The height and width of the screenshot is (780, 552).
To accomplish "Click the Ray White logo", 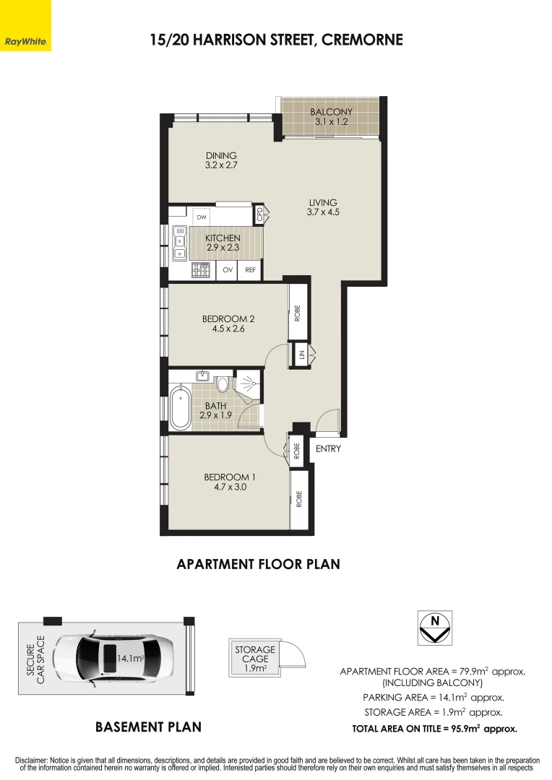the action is pos(25,25).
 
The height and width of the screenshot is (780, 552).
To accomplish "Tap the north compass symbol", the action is pos(434,628).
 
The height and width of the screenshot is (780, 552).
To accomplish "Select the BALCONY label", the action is pos(331,112).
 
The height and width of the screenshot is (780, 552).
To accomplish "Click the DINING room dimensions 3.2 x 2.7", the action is pos(221,165).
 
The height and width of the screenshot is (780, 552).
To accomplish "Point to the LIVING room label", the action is pos(323,202).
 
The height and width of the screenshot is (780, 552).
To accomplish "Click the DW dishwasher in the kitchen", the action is pos(201,217).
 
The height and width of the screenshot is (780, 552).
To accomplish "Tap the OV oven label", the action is pos(228,270).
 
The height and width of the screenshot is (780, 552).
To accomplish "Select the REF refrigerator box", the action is pos(251,270).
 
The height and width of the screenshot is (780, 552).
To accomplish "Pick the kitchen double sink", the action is pos(179,243).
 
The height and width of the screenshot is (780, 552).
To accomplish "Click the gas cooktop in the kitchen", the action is pos(201,271).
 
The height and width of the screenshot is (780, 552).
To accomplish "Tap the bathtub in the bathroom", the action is pos(180,408).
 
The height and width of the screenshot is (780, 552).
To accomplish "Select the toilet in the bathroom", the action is pos(223,383).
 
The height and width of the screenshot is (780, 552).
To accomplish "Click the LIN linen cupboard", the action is pos(301,355).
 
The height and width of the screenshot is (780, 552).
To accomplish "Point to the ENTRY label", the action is pos(329,448).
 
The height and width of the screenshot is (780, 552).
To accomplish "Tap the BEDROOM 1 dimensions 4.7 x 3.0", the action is pos(230,487).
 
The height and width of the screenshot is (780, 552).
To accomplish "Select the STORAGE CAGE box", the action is pos(255,658).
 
